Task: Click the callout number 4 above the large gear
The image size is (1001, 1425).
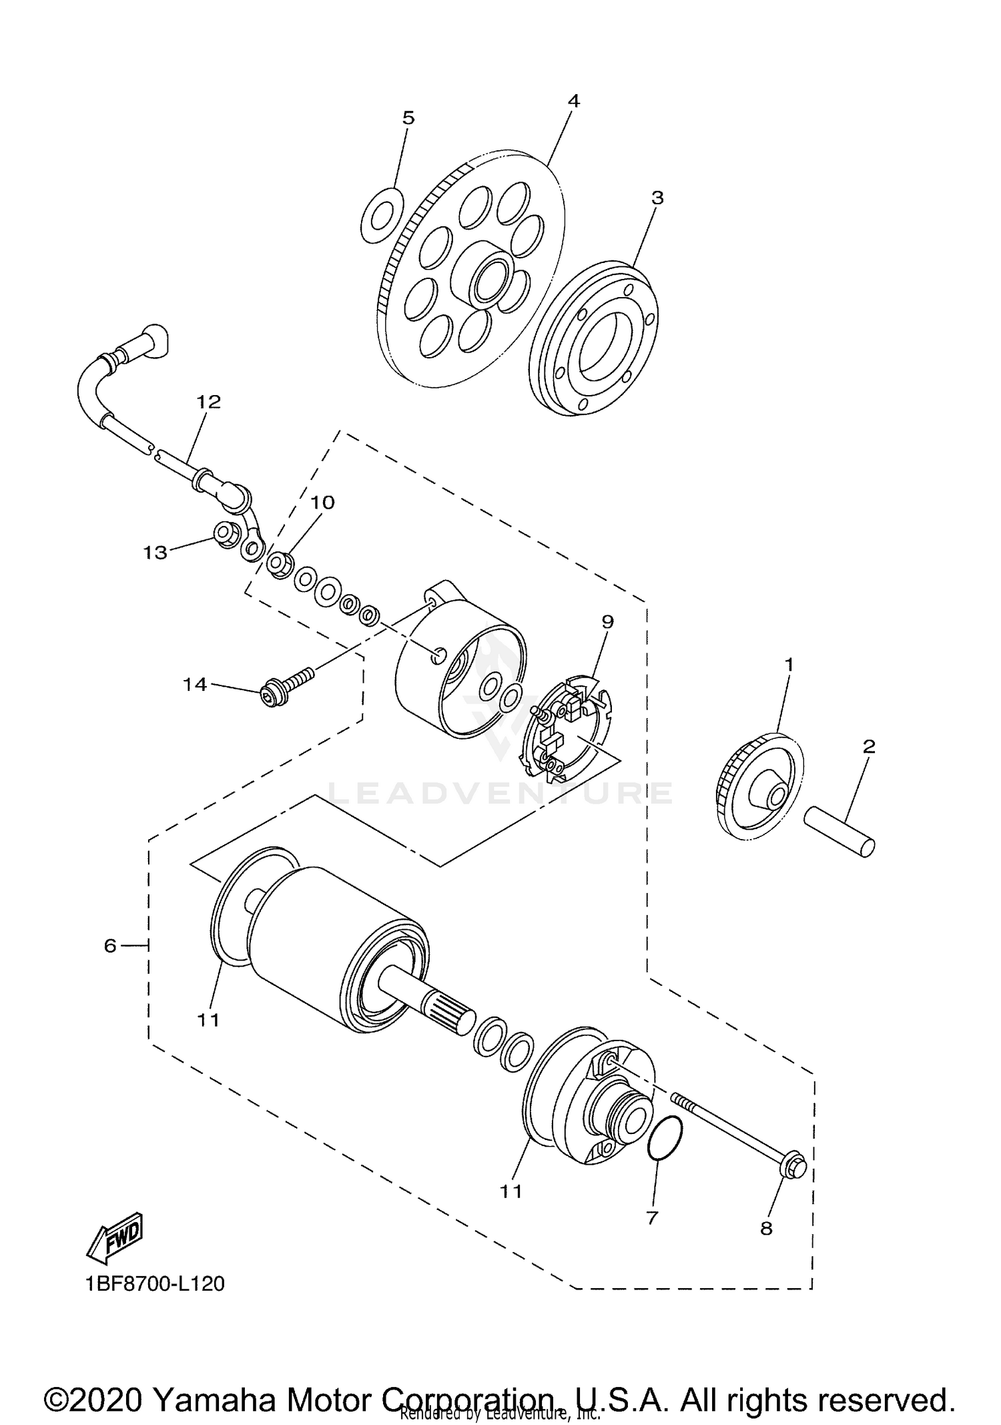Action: pyautogui.click(x=573, y=101)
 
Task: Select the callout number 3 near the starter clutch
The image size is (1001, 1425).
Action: pyautogui.click(x=657, y=198)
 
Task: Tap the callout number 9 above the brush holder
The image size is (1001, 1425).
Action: pyautogui.click(x=607, y=621)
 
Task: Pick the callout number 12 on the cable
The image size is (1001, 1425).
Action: pyautogui.click(x=208, y=402)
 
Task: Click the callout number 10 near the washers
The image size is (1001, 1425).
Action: pyautogui.click(x=323, y=502)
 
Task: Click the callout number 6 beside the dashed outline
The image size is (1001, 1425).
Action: pyautogui.click(x=110, y=945)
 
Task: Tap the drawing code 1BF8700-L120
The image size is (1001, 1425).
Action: pyautogui.click(x=155, y=1284)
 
